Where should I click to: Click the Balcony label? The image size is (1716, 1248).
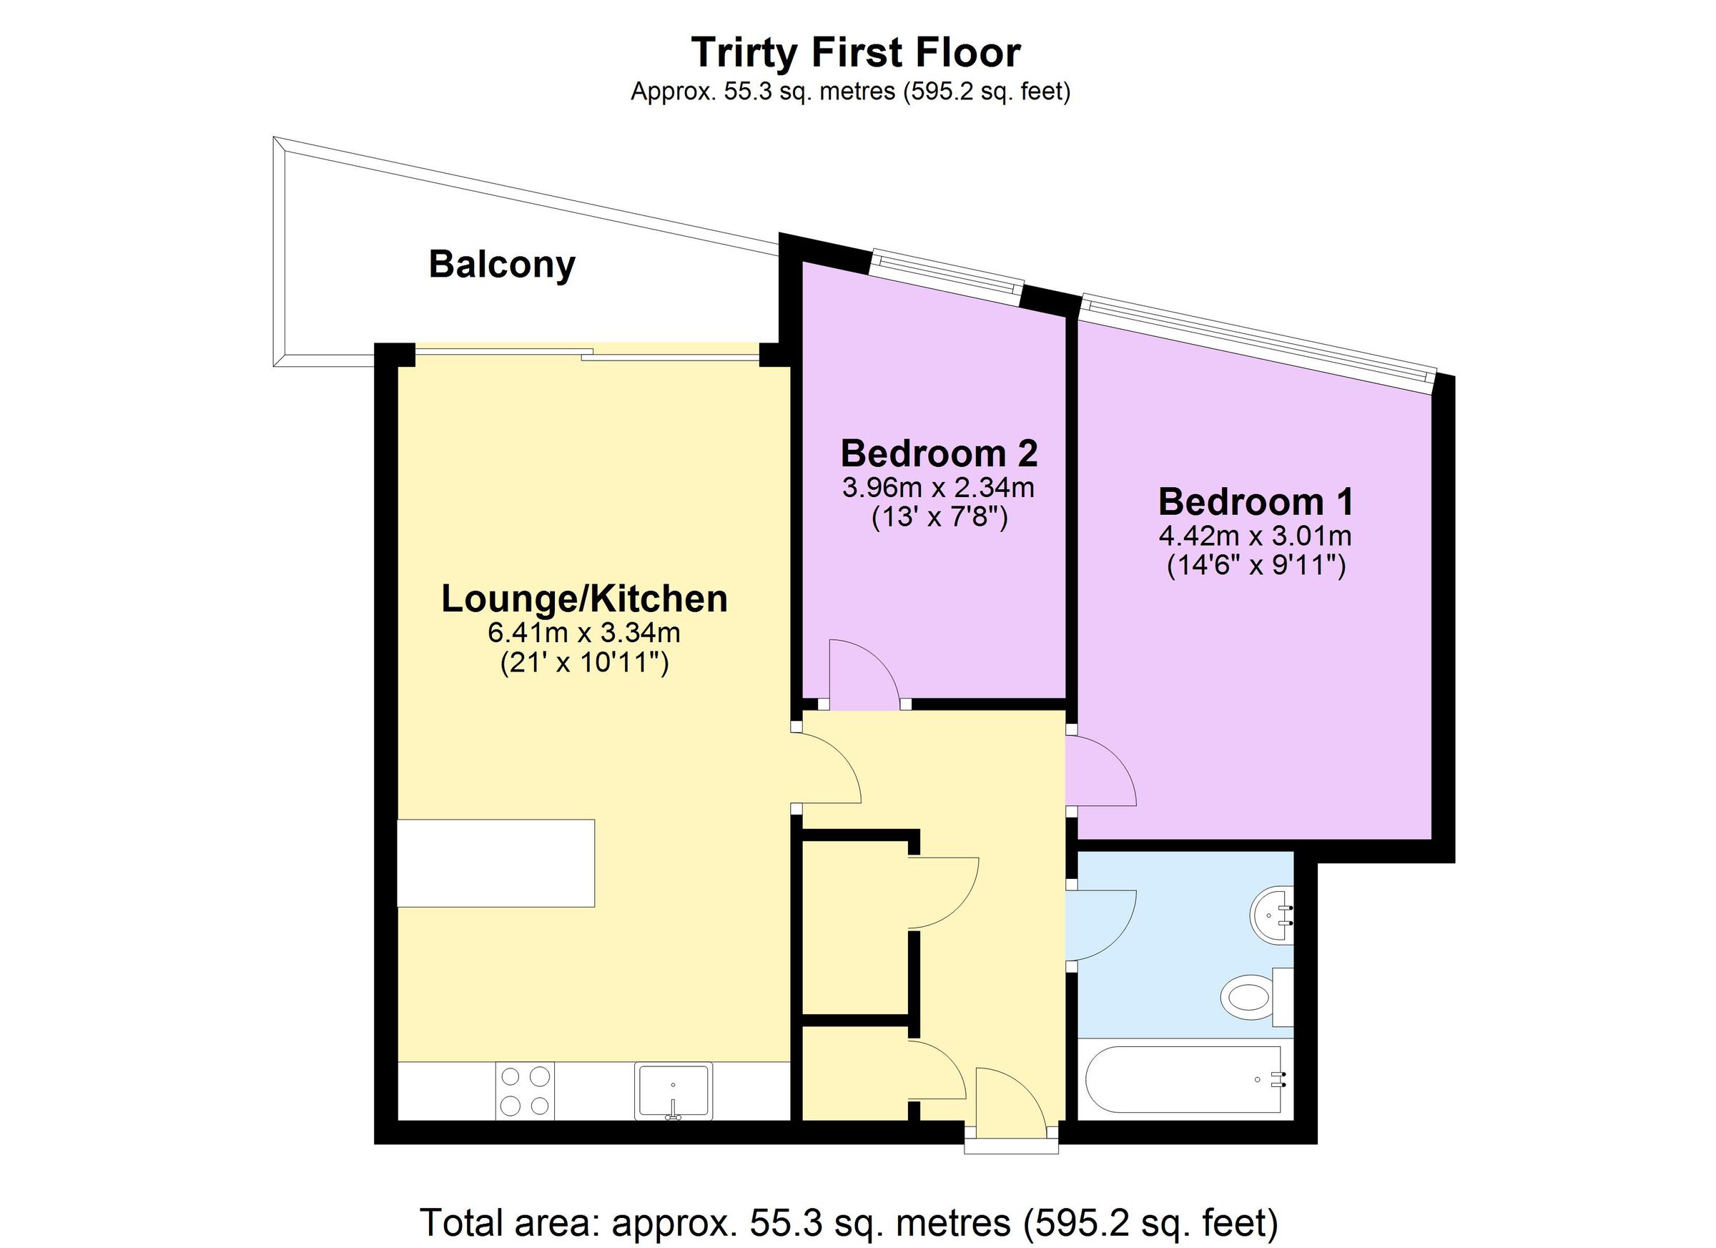tap(502, 265)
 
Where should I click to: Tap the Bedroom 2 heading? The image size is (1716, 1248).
tap(938, 454)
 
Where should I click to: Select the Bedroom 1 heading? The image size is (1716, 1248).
tap(1256, 503)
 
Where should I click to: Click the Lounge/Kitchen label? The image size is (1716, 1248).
tap(584, 599)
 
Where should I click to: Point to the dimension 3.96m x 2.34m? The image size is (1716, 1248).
tap(938, 487)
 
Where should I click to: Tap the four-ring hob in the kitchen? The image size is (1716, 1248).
tap(525, 1091)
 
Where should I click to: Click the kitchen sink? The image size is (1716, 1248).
tap(674, 1091)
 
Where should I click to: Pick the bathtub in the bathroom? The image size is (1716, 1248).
tap(1184, 1079)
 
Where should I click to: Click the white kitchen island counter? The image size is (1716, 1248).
tap(495, 863)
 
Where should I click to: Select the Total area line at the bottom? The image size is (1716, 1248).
tap(849, 1222)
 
